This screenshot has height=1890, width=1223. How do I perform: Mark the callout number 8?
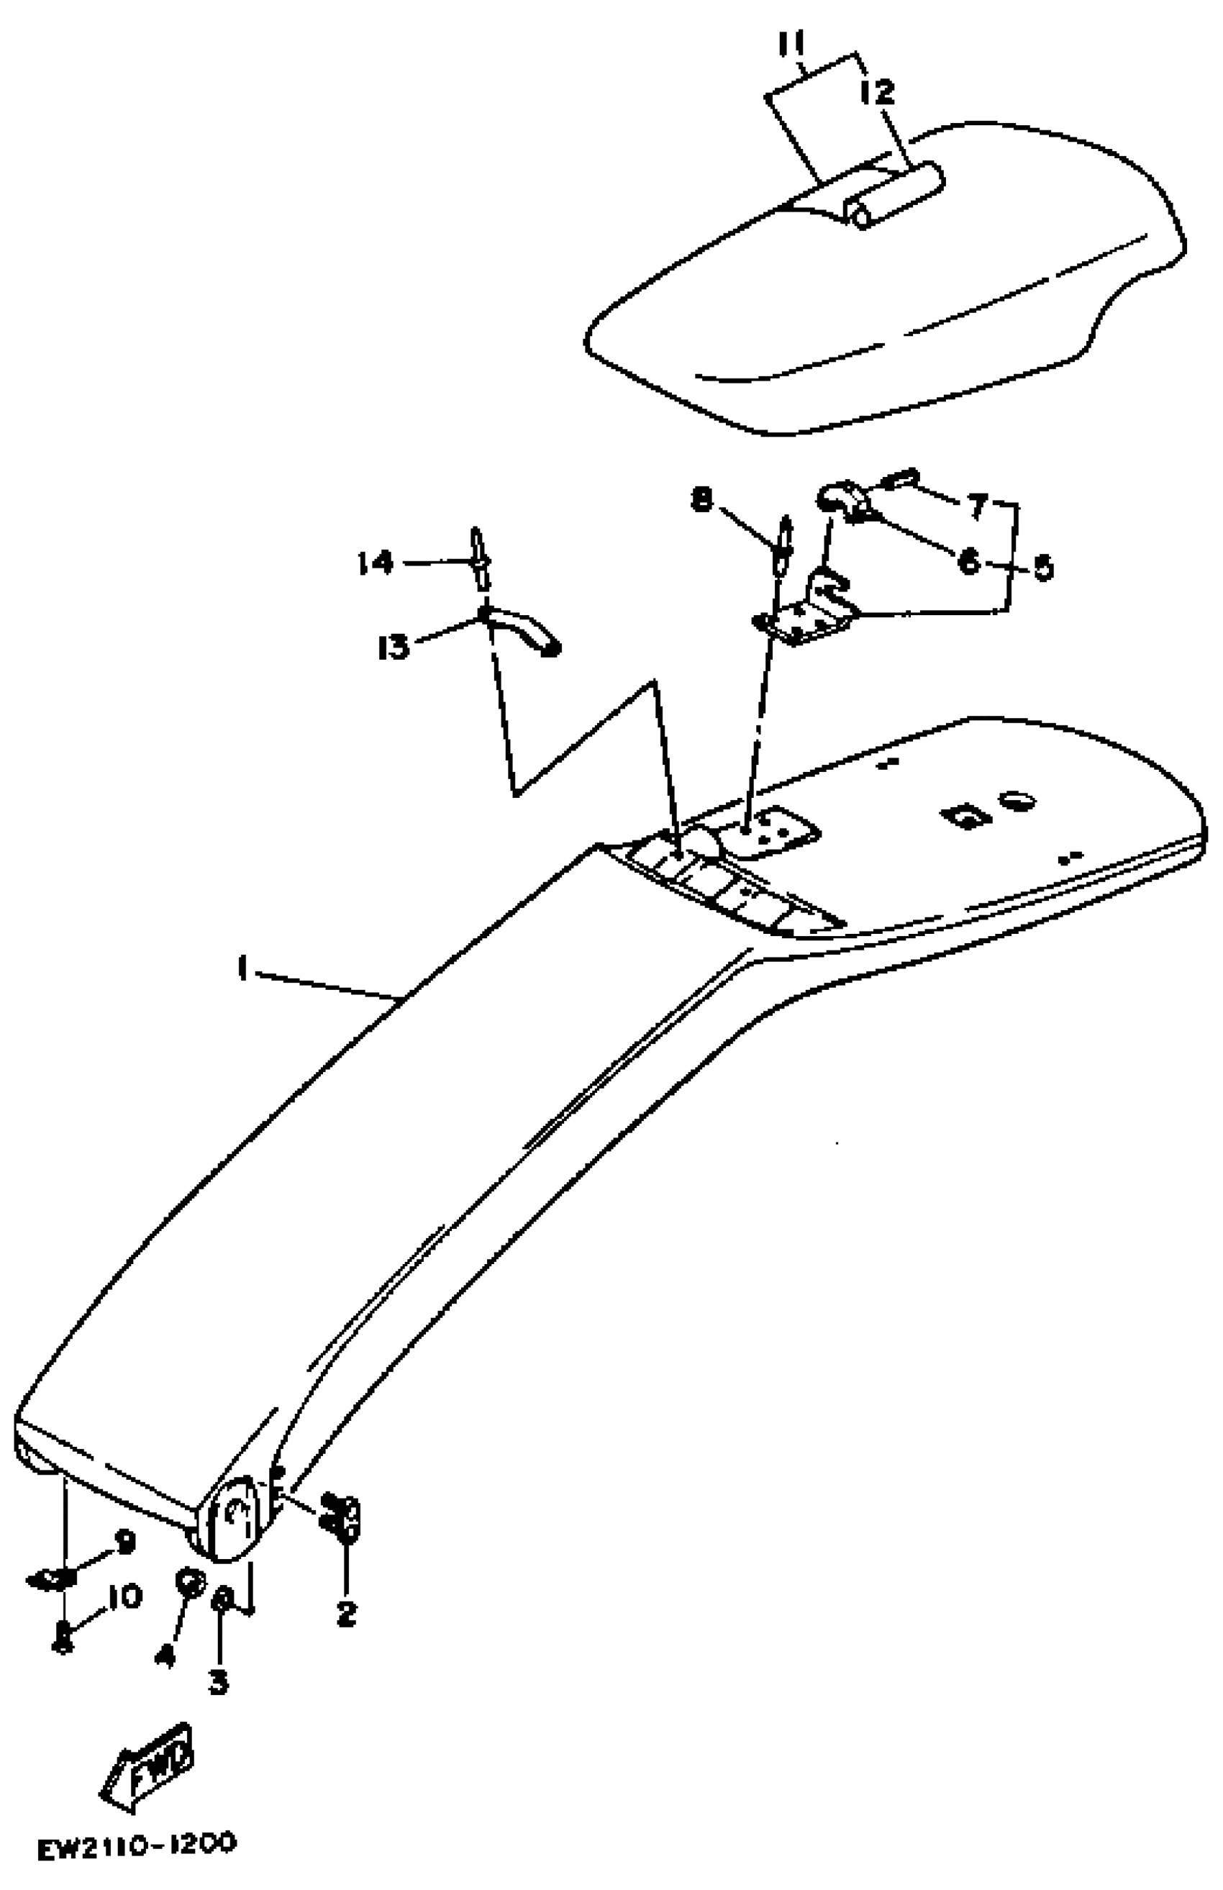701,501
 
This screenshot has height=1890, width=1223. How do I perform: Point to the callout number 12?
877,92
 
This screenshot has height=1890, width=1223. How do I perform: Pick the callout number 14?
375,563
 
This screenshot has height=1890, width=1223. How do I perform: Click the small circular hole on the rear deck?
1017,800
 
